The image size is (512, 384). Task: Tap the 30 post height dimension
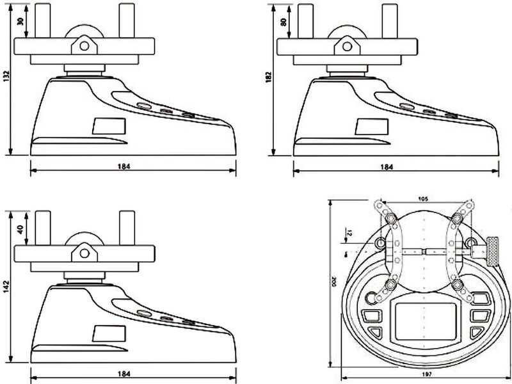(x=19, y=20)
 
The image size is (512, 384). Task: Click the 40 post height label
(x=19, y=230)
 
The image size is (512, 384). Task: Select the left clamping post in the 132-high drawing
(x=43, y=19)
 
